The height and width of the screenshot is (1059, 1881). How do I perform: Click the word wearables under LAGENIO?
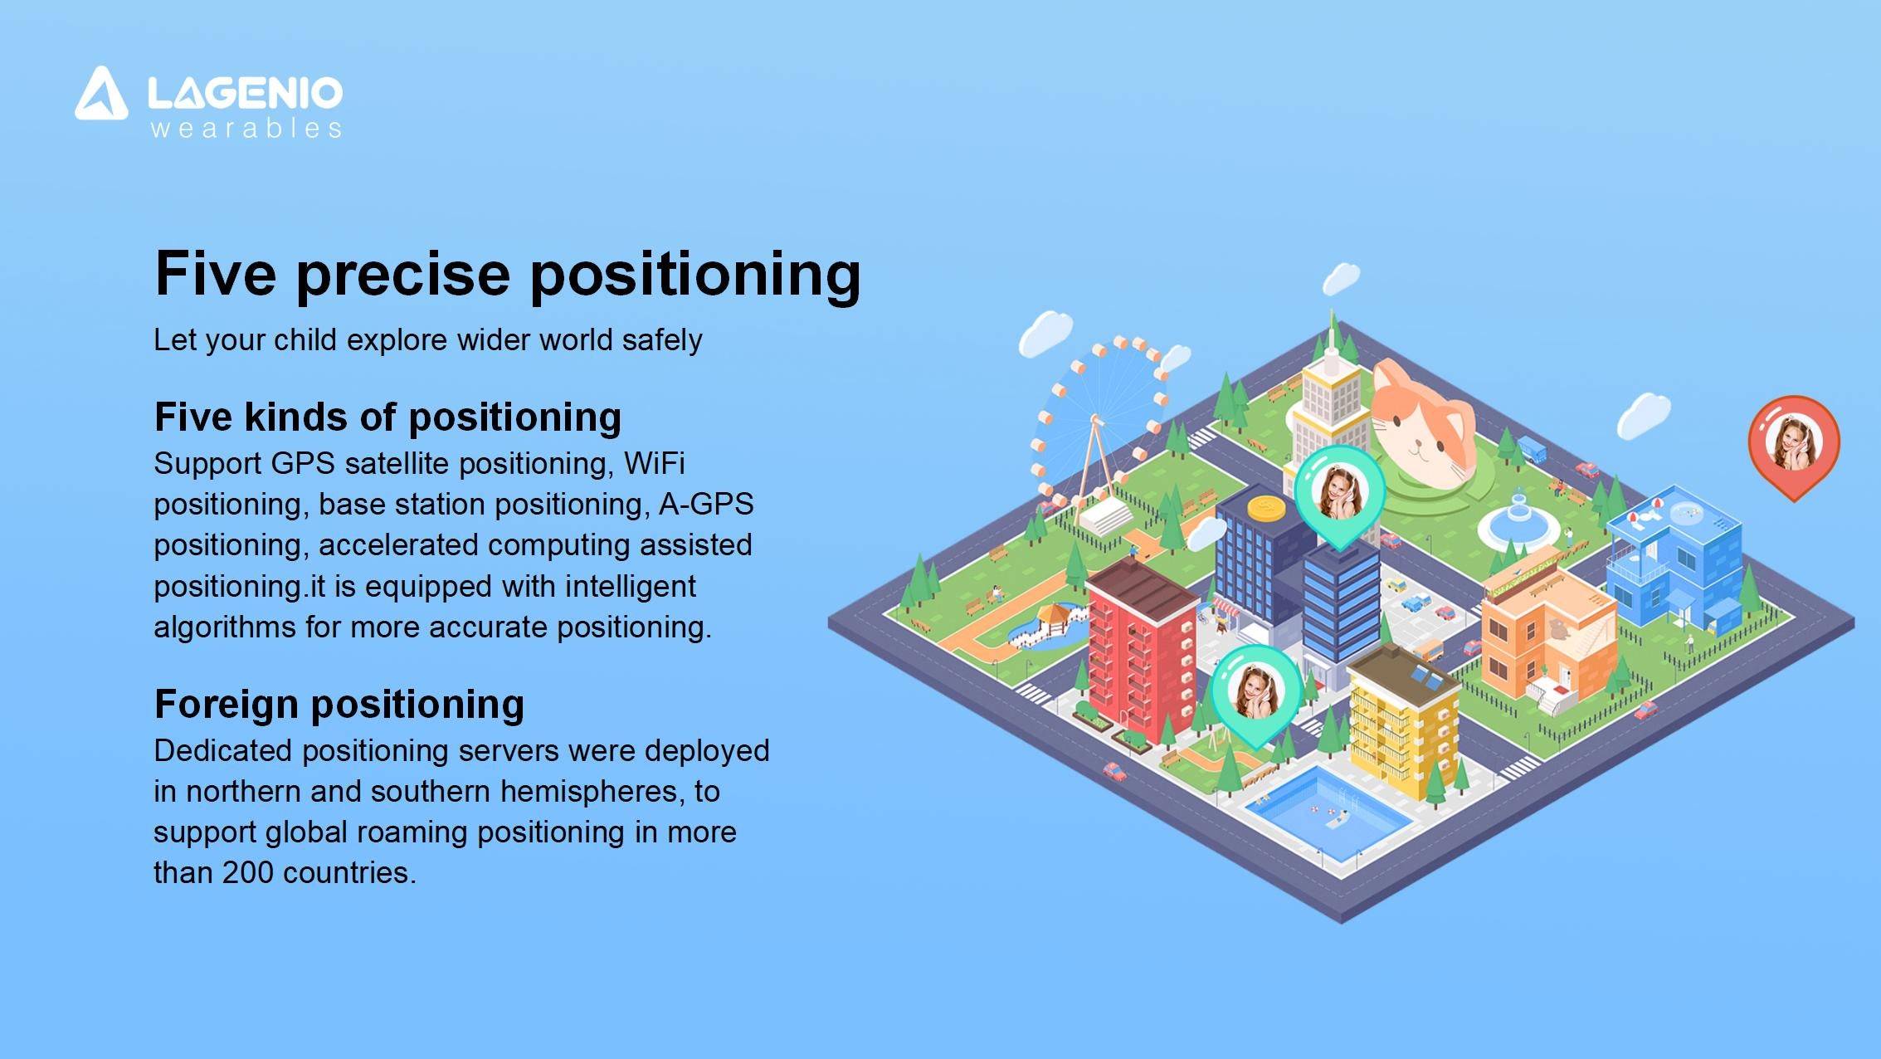point(246,129)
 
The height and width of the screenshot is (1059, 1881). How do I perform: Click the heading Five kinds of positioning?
point(387,417)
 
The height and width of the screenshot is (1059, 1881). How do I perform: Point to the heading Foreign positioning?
point(339,704)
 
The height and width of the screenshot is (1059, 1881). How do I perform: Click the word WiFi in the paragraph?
point(654,462)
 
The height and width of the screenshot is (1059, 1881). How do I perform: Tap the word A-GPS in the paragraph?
point(706,504)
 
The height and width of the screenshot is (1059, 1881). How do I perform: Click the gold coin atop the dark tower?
point(1265,508)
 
